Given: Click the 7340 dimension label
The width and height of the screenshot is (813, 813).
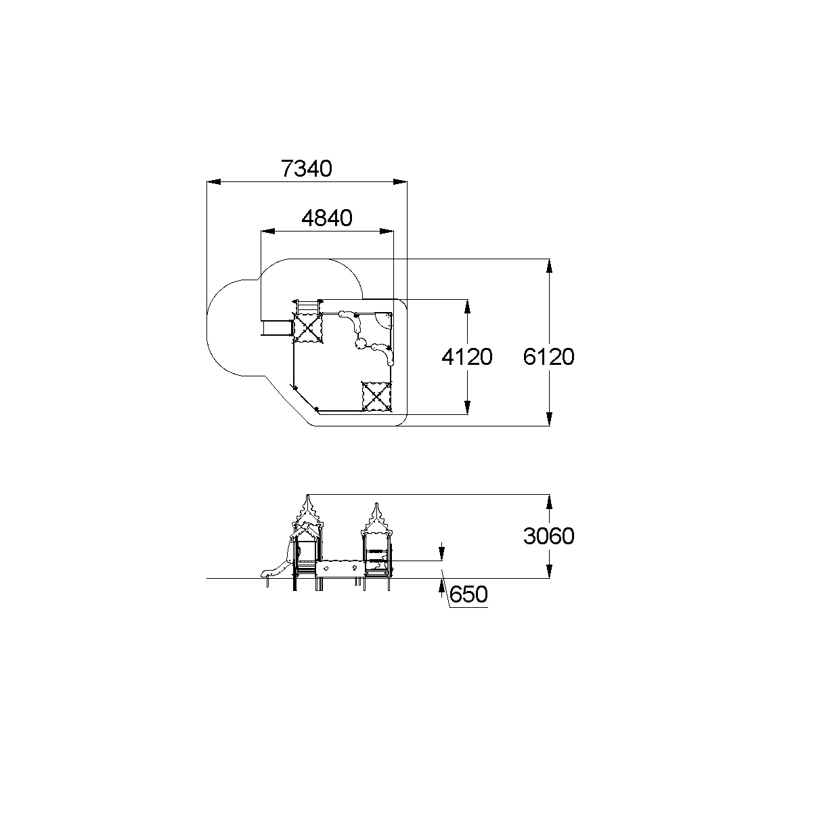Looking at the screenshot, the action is (x=307, y=169).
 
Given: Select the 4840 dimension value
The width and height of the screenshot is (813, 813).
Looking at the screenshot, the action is (x=327, y=218).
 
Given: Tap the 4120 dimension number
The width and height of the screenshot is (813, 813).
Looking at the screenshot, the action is (x=467, y=357).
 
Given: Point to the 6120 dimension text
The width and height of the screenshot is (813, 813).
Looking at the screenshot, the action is (x=548, y=357).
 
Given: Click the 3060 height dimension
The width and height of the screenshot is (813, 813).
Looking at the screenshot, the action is (x=548, y=536).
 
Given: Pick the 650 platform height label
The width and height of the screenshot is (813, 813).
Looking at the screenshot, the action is (x=468, y=594).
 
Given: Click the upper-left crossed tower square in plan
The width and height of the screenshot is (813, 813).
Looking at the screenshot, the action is (x=307, y=328).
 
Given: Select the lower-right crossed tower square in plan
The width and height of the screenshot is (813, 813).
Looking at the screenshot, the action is (x=377, y=397).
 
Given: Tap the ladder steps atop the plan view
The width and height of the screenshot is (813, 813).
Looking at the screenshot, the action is (x=307, y=306).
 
